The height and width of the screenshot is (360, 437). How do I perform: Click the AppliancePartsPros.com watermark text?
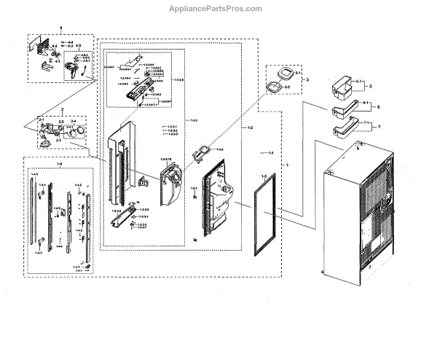(x=219, y=9)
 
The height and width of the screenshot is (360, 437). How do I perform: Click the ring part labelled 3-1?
(x=281, y=74)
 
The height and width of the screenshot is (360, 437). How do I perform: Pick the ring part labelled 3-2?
(x=274, y=89)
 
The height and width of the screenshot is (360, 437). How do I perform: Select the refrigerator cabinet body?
(x=361, y=211)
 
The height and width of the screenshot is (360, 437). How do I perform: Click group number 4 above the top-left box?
(x=61, y=28)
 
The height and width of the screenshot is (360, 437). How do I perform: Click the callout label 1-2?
(x=250, y=127)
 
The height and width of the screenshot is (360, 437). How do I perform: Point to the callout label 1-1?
(x=269, y=153)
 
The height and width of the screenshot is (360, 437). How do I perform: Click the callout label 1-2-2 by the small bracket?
(x=219, y=149)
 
